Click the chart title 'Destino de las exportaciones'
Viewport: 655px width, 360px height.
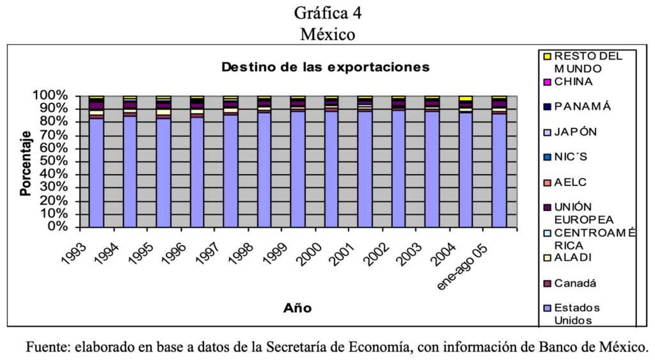point(325,67)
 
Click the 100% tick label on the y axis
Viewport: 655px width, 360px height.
point(51,96)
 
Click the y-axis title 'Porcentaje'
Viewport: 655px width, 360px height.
point(26,164)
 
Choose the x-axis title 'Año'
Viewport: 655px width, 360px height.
point(297,308)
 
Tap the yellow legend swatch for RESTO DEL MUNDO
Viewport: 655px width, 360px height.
point(546,56)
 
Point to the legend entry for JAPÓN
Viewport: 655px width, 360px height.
point(575,132)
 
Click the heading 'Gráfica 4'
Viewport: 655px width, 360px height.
point(327,12)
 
